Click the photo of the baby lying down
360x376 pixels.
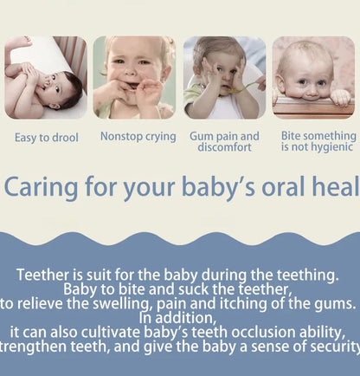45,77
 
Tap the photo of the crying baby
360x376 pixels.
134,77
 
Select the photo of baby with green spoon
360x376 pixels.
224,77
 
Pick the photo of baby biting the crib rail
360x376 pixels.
313,77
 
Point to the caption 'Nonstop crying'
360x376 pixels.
138,136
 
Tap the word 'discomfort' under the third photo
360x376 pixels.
224,147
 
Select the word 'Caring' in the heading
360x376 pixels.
40,187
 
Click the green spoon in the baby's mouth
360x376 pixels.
231,88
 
